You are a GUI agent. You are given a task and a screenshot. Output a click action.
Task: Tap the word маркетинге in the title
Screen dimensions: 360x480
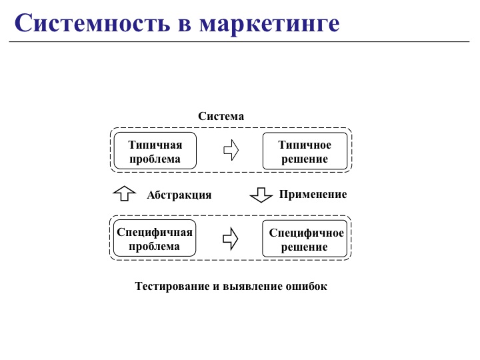tap(269, 24)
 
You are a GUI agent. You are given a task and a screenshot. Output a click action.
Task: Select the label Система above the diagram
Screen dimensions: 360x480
tap(221, 116)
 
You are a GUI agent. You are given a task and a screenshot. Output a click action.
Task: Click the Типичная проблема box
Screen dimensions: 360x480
tap(155, 151)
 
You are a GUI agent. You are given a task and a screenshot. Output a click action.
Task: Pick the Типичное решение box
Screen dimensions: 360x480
tap(305, 151)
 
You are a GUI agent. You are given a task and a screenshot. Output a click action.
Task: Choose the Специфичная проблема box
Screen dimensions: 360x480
tap(155, 239)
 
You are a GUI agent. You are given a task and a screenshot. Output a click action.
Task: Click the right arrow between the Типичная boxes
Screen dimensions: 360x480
tap(231, 149)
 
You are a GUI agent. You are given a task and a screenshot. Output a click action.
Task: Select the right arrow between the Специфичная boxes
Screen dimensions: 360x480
tap(231, 239)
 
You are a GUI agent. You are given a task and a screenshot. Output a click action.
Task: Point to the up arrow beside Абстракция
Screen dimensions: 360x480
tap(124, 193)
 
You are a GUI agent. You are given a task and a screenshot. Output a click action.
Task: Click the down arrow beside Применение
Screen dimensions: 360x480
tap(261, 195)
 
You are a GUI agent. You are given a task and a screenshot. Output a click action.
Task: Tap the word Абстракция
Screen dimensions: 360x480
tap(179, 195)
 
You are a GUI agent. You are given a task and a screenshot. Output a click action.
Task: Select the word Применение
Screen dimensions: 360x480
tap(313, 195)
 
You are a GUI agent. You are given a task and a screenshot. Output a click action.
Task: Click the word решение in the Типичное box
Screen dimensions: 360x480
tap(305, 159)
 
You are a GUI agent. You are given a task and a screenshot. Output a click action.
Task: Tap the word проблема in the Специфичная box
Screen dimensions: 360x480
tap(155, 246)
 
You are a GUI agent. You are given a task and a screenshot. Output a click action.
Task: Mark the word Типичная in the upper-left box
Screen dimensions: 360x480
tap(155, 145)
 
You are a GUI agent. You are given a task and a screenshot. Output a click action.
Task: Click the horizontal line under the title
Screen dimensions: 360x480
tap(240, 42)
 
